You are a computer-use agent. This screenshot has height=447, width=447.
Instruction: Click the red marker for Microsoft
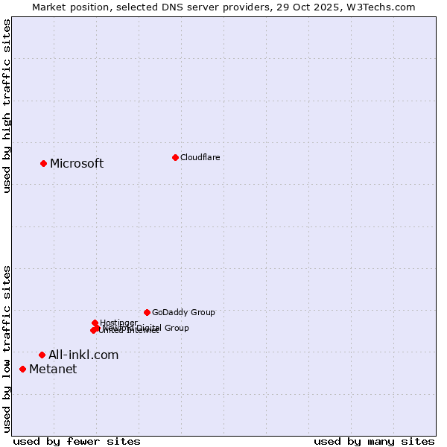[43, 163]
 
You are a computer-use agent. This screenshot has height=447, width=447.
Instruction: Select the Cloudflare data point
[175, 157]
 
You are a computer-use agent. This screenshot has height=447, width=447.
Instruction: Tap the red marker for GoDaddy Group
[147, 312]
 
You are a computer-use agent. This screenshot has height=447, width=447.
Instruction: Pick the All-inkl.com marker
[42, 355]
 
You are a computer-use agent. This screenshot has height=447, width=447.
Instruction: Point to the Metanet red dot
[22, 369]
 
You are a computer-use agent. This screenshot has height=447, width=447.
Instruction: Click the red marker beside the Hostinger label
[95, 323]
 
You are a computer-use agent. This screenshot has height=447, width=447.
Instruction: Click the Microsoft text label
[77, 163]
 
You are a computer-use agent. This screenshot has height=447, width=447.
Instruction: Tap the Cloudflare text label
[200, 157]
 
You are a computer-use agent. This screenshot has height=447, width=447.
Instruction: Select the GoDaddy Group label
[183, 312]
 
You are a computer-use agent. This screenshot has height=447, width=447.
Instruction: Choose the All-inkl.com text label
[83, 355]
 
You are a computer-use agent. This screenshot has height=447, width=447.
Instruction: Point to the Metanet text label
[53, 369]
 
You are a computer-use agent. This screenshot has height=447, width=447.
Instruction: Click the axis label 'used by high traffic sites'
[7, 107]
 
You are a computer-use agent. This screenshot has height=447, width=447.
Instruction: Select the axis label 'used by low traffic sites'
[7, 348]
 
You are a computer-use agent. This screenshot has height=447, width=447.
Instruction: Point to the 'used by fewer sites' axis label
[77, 441]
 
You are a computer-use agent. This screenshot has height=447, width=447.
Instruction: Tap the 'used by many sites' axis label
[374, 441]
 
